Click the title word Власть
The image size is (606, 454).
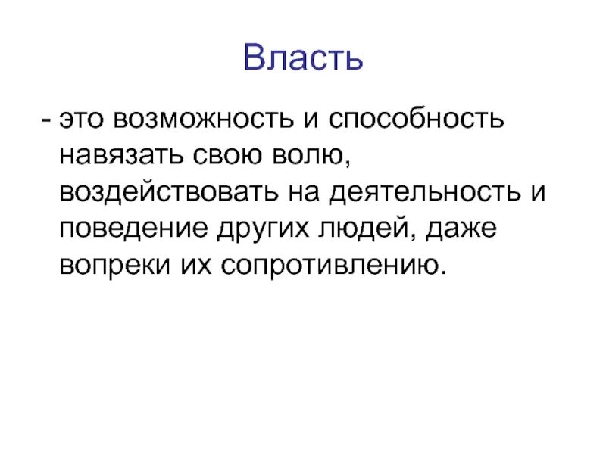tap(303, 58)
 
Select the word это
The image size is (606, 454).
tap(84, 121)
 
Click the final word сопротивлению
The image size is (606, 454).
tap(330, 266)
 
